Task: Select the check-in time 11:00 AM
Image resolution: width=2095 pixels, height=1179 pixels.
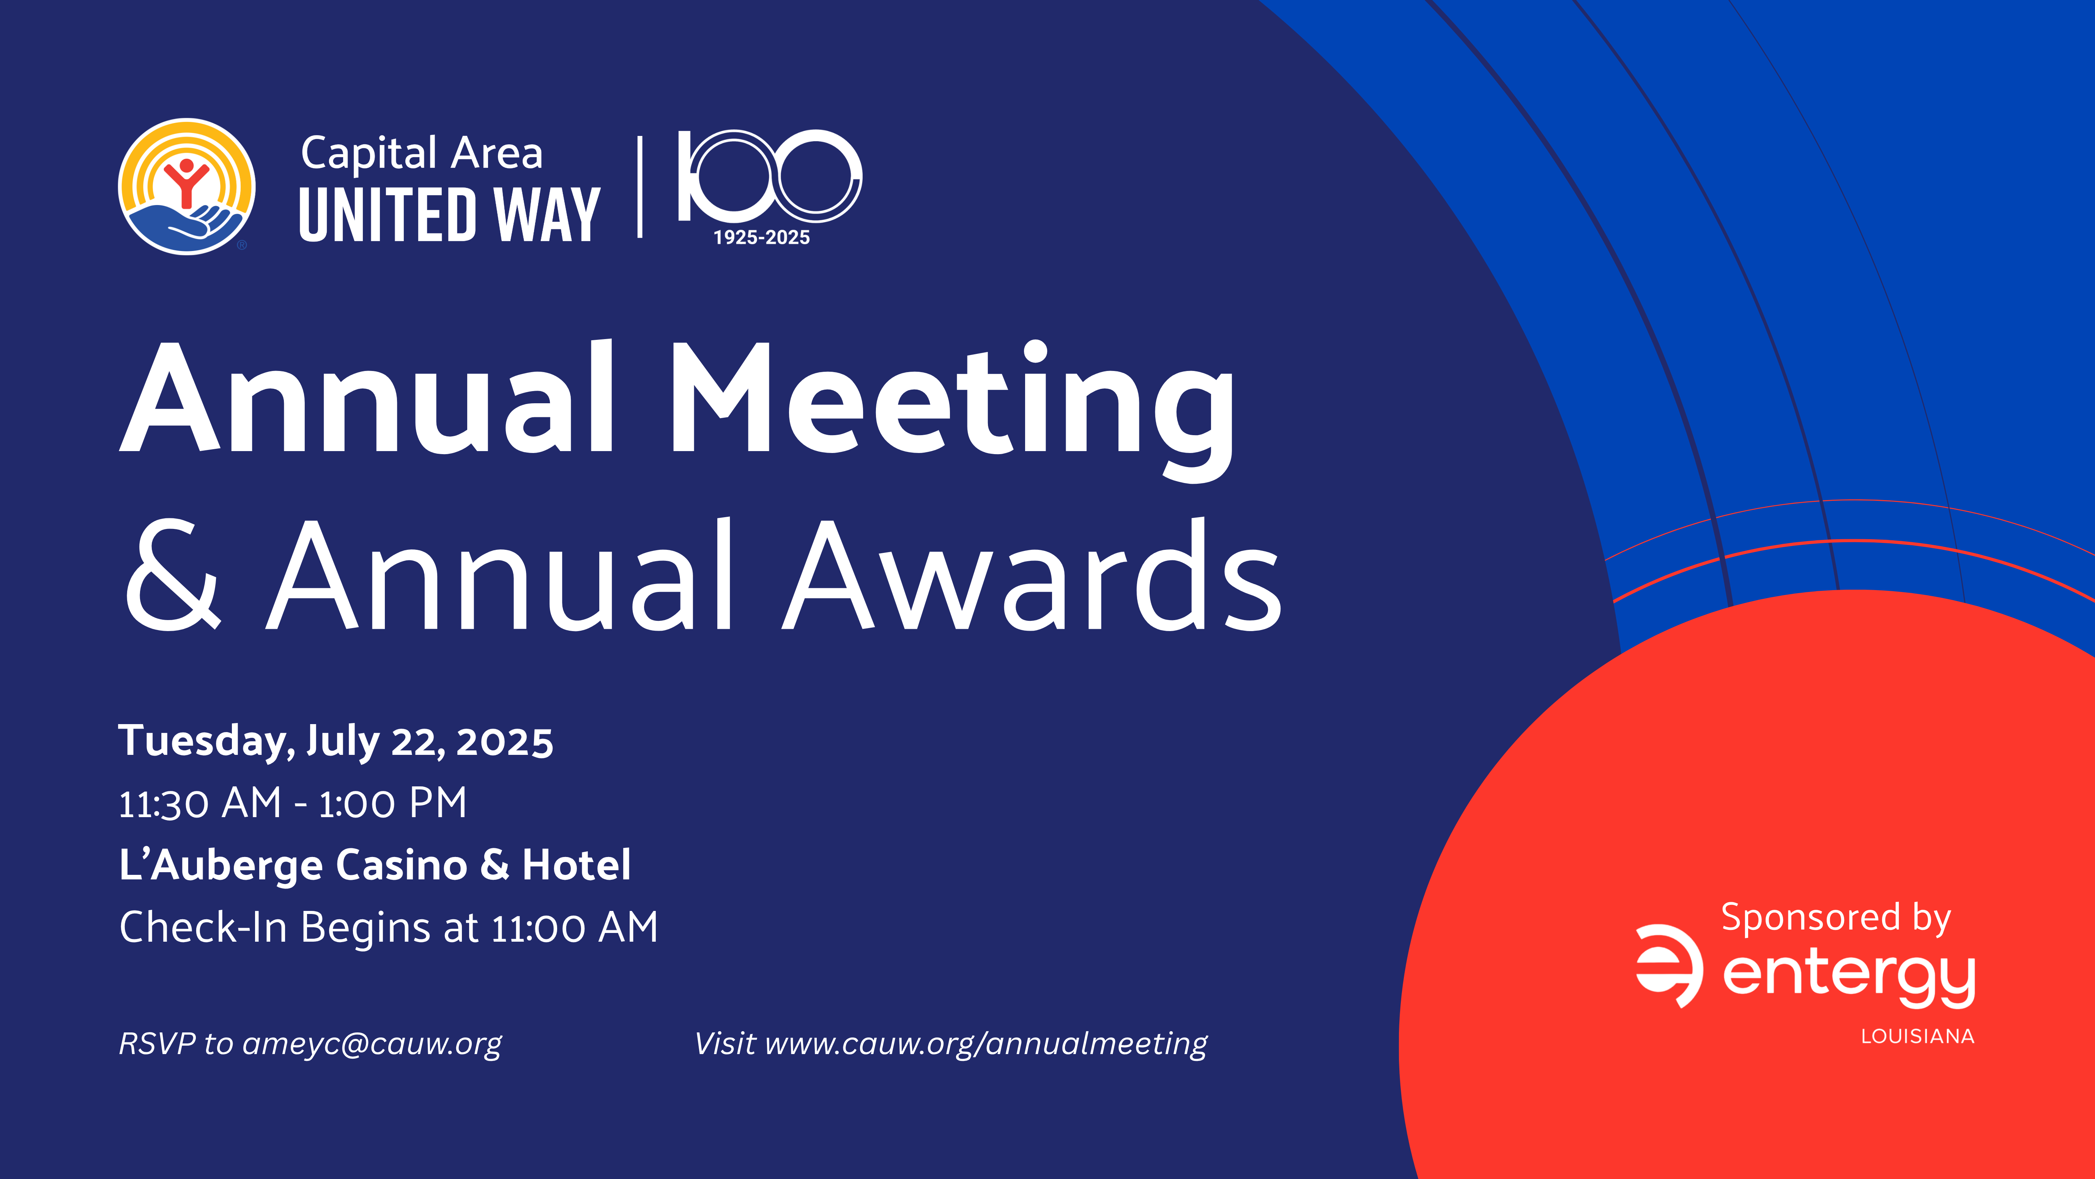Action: click(574, 928)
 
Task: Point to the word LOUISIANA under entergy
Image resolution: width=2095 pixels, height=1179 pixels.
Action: click(1917, 1037)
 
